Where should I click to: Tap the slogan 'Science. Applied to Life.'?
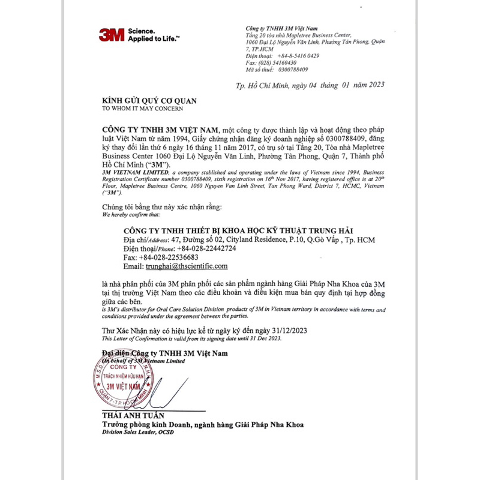153,34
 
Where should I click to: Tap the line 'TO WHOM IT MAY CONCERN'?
142,109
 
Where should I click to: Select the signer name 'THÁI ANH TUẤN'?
133,415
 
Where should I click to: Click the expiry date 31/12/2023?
291,331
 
